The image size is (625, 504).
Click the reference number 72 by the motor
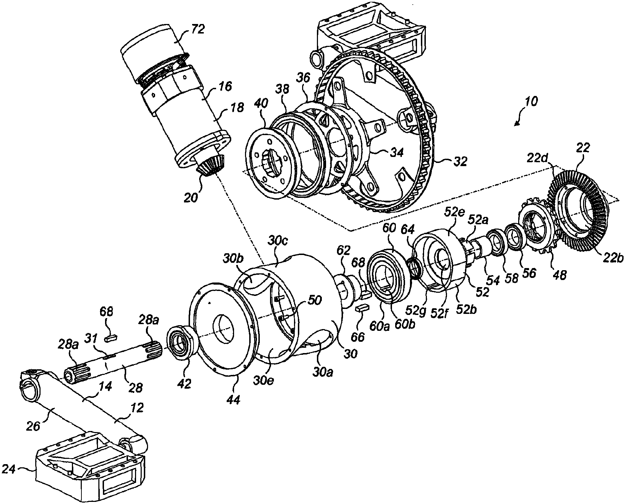[x=198, y=29]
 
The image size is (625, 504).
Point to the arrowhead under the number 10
[x=516, y=123]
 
